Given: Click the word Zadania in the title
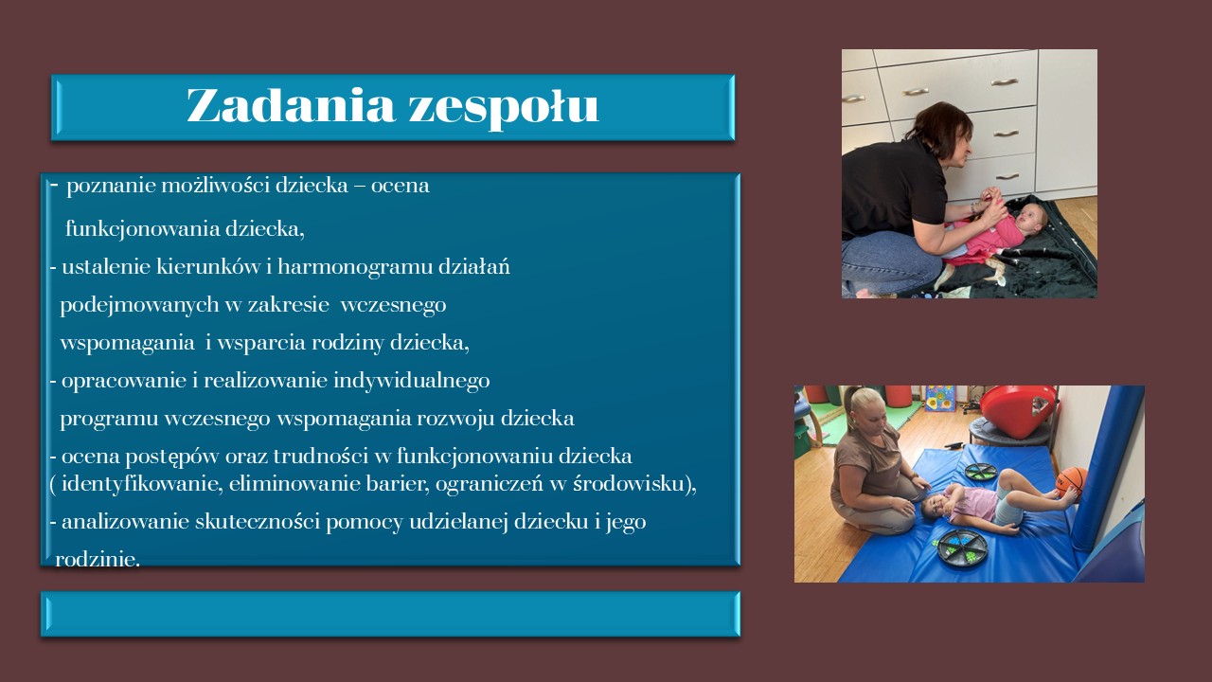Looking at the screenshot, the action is pyautogui.click(x=291, y=104).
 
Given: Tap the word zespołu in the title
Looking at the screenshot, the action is pyautogui.click(x=504, y=108).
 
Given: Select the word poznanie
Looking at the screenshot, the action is pyautogui.click(x=111, y=187).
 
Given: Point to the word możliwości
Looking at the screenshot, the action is pyautogui.click(x=215, y=186).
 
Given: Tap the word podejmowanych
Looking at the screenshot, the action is pyautogui.click(x=139, y=305).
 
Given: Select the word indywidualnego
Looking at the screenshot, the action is pyautogui.click(x=411, y=381).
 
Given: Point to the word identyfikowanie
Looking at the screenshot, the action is pyautogui.click(x=142, y=484).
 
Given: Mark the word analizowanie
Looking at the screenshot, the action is pyautogui.click(x=126, y=522).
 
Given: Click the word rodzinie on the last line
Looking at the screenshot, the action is pyautogui.click(x=98, y=559).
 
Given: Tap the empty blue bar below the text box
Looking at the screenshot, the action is pyautogui.click(x=390, y=614).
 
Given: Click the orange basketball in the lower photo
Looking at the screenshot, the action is pyautogui.click(x=1071, y=481).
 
